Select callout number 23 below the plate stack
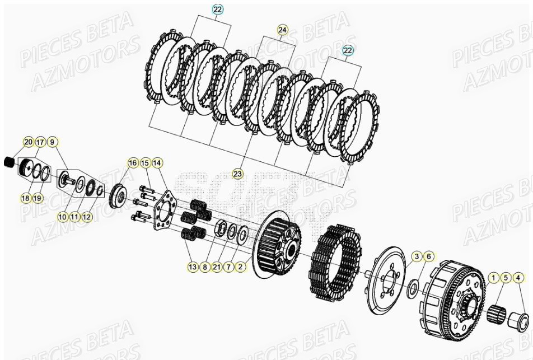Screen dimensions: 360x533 (x=237, y=174)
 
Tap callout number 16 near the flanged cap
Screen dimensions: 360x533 (x=133, y=163)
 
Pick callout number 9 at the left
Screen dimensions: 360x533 (x=52, y=142)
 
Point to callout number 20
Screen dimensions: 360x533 (x=28, y=142)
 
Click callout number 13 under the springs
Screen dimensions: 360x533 (x=193, y=268)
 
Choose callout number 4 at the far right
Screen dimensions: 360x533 (x=518, y=277)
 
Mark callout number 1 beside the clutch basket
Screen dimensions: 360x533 (x=494, y=277)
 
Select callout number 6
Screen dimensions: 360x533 (x=428, y=256)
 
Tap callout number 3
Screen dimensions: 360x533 (x=417, y=256)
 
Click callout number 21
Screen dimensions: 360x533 (x=217, y=268)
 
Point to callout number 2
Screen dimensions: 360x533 (x=241, y=268)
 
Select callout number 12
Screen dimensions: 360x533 (x=86, y=217)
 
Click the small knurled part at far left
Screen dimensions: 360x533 (x=9, y=162)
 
